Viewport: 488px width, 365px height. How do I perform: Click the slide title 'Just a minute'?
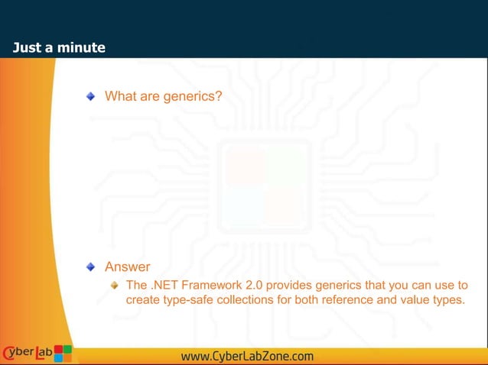tap(59, 48)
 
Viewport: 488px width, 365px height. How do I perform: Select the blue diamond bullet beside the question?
tap(90, 96)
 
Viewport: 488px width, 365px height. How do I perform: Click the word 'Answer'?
tap(127, 267)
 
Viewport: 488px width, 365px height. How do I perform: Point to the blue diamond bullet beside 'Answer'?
tap(90, 267)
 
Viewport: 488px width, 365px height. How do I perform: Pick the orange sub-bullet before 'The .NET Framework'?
tap(114, 285)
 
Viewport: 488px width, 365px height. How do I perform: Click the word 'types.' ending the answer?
tap(447, 299)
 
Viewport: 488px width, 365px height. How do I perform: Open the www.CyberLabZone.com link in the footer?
tap(247, 356)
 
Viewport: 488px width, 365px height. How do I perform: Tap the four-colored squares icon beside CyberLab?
tap(63, 353)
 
